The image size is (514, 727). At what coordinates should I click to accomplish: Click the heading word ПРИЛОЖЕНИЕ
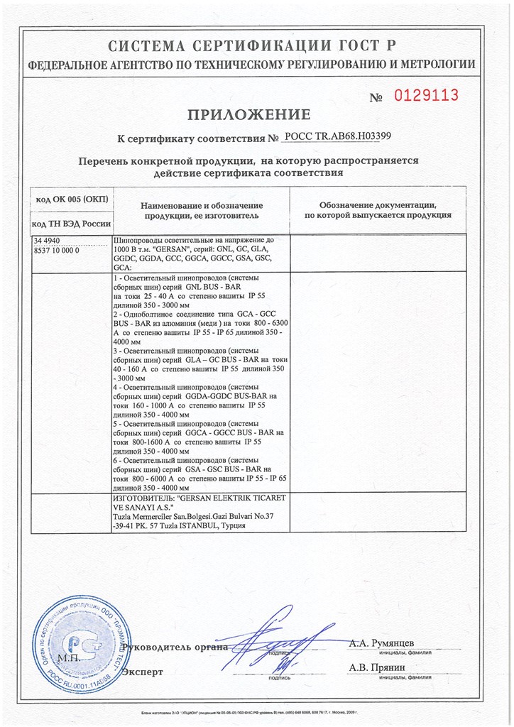coord(248,114)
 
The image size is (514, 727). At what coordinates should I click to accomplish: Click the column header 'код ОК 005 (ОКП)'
coord(68,199)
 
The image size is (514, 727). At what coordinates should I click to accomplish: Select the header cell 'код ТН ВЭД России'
coord(68,224)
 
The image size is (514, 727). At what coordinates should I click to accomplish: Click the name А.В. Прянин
coord(376,668)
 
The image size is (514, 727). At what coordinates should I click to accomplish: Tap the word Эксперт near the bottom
coord(143,672)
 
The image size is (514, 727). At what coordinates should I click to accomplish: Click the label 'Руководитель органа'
coord(175,647)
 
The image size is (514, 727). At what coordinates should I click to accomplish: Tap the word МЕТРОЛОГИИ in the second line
coord(435,65)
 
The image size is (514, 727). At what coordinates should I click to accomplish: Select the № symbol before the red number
coord(377,97)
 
